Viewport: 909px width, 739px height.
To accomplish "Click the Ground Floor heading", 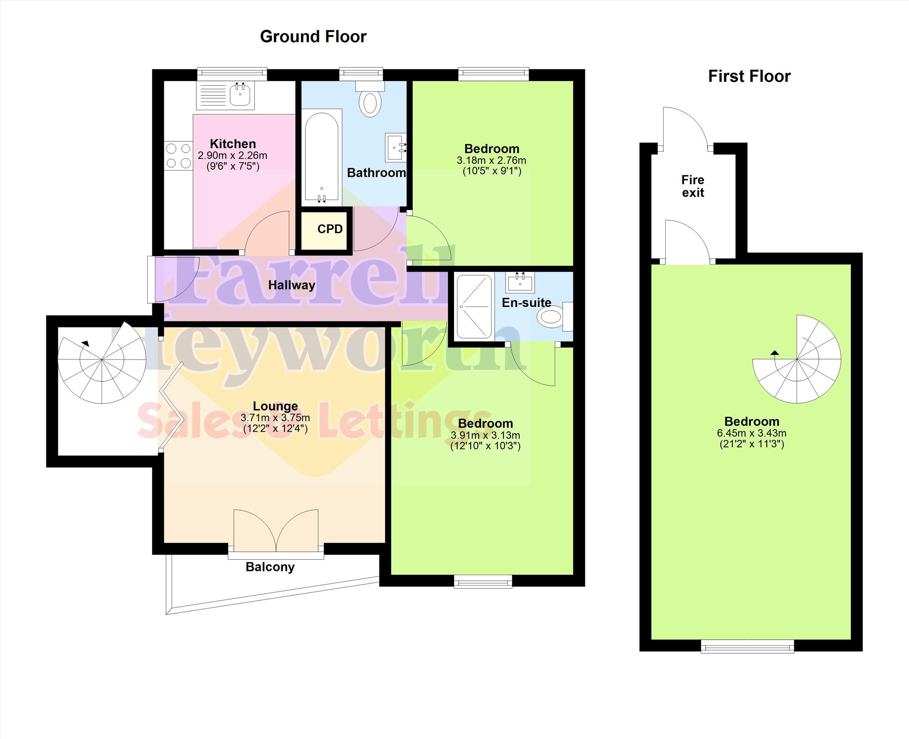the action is [x=313, y=37].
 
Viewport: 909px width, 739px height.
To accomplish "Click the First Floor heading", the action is [x=749, y=77].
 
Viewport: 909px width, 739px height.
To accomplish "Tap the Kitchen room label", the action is [x=233, y=144].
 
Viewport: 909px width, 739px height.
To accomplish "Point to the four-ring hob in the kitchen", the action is [x=178, y=156].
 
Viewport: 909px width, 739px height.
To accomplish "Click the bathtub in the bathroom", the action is [x=322, y=157].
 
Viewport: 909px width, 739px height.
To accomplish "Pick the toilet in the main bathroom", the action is [x=370, y=99].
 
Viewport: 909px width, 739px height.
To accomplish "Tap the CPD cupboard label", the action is [x=330, y=229].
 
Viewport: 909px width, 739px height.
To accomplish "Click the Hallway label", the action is [x=292, y=285].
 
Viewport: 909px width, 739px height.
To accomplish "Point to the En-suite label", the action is [x=527, y=303].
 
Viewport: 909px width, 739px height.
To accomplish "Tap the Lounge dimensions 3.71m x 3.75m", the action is [x=275, y=418].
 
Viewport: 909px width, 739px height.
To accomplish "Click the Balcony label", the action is [x=270, y=567].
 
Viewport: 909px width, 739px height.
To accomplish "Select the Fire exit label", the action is [x=693, y=186].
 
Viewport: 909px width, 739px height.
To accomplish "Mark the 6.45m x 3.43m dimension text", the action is [x=752, y=433].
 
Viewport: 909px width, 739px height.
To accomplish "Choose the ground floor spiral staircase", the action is [x=102, y=360].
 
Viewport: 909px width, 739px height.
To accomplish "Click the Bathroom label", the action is [x=376, y=173].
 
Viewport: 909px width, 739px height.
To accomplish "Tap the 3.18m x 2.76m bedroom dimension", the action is [x=492, y=160].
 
